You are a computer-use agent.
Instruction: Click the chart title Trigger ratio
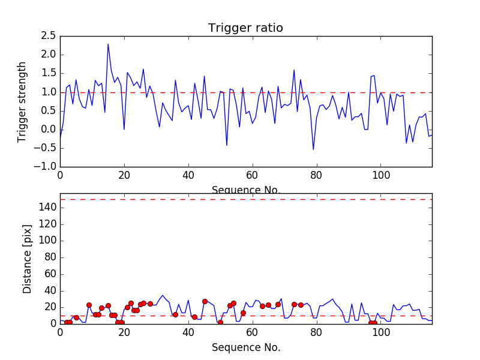[x=245, y=28]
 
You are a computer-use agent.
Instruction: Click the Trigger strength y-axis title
[x=22, y=101]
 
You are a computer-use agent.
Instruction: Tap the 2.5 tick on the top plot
[x=47, y=36]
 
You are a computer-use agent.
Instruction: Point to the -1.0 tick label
[x=45, y=166]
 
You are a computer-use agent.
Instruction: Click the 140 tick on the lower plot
[x=49, y=208]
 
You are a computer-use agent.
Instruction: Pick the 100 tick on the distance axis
[x=49, y=241]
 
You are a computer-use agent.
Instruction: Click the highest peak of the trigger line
[x=108, y=44]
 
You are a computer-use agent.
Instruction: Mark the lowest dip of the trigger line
[x=313, y=149]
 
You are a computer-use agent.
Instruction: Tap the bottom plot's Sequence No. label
[x=246, y=347]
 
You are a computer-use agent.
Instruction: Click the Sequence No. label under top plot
[x=246, y=190]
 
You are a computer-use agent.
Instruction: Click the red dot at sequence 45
[x=205, y=301]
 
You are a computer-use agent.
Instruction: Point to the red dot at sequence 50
[x=220, y=323]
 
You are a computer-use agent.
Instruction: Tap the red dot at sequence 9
[x=89, y=305]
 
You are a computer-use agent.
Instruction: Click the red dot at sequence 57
[x=243, y=313]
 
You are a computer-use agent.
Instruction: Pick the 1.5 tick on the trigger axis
[x=47, y=73]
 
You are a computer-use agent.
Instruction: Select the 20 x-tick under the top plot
[x=124, y=176]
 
